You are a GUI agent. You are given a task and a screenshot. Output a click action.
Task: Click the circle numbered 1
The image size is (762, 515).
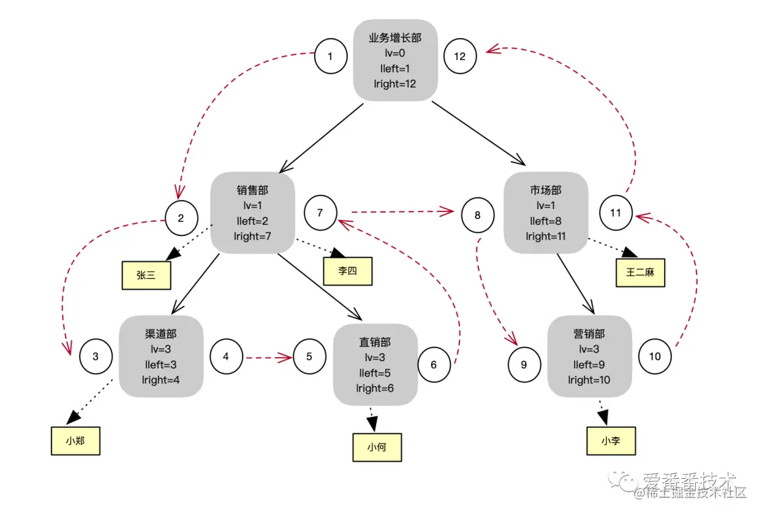click(x=331, y=57)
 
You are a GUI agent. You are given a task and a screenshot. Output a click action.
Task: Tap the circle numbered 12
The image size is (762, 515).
click(x=460, y=57)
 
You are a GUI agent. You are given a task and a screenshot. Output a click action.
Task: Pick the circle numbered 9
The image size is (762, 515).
click(x=524, y=365)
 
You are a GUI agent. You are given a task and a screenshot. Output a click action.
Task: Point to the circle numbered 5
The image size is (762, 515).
click(x=310, y=357)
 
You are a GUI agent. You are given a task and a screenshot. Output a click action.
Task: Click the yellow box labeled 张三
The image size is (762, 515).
click(x=146, y=275)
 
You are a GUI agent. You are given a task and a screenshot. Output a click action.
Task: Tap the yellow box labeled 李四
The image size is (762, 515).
click(x=348, y=271)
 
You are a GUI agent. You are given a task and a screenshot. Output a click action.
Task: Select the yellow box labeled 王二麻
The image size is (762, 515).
click(x=640, y=272)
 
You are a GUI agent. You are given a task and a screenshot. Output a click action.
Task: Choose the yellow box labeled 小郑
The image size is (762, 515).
click(x=75, y=441)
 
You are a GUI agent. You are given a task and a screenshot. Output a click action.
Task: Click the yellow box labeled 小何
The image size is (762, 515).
click(x=377, y=447)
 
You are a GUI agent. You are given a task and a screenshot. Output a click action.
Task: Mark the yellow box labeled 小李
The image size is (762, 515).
click(x=611, y=441)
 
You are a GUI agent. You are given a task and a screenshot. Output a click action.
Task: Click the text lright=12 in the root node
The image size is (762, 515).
click(x=395, y=83)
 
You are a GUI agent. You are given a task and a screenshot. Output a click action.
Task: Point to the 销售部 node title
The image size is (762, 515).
click(x=253, y=190)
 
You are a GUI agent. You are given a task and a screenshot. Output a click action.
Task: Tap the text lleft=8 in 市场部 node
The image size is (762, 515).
click(x=545, y=221)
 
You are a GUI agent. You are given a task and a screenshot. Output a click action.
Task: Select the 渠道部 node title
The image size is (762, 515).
click(x=161, y=333)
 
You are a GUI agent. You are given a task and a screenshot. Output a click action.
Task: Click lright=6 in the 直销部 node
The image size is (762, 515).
click(x=375, y=388)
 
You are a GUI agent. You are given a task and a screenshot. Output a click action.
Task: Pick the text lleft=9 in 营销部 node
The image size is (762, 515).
click(x=589, y=365)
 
